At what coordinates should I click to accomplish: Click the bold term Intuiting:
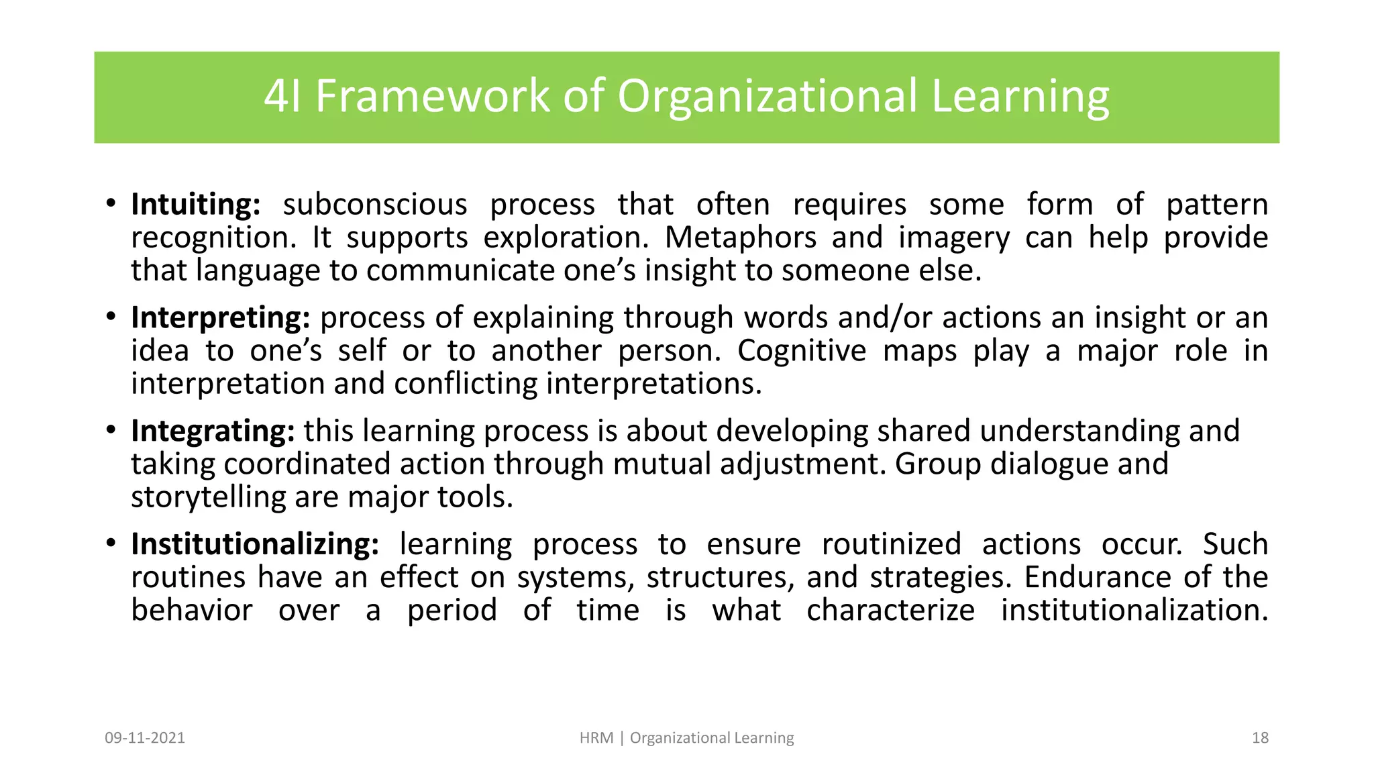point(195,205)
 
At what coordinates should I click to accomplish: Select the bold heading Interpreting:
point(221,318)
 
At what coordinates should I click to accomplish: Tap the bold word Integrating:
point(213,431)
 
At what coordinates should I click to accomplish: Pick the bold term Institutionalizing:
point(255,545)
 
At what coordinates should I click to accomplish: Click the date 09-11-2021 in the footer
point(145,738)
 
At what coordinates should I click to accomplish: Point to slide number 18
point(1260,738)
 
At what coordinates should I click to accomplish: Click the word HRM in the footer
point(596,738)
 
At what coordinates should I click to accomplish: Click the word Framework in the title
point(433,97)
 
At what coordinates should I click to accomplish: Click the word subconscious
point(374,205)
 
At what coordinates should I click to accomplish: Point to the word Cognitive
point(802,351)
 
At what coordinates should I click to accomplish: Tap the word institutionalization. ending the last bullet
point(1134,611)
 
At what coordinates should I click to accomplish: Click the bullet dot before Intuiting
point(111,203)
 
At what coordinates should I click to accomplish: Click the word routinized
point(892,545)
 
